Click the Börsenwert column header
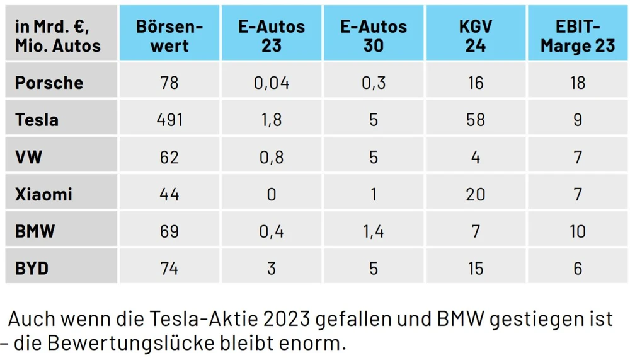(x=169, y=36)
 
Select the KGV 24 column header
(x=476, y=36)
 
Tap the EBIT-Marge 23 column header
(x=578, y=36)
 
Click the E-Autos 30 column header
(x=374, y=36)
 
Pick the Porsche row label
(x=49, y=83)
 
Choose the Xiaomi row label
(x=44, y=194)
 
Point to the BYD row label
(x=32, y=268)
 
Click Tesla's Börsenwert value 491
(x=169, y=120)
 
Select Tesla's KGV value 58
(x=476, y=120)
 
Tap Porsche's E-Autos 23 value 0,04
(x=272, y=83)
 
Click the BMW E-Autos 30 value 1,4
(x=374, y=231)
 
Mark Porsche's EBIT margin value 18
(x=578, y=83)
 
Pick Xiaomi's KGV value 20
(x=476, y=194)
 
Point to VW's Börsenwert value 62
(x=169, y=157)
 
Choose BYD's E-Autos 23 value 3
(x=272, y=268)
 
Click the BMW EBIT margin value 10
(x=578, y=231)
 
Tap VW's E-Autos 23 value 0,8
(x=272, y=157)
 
